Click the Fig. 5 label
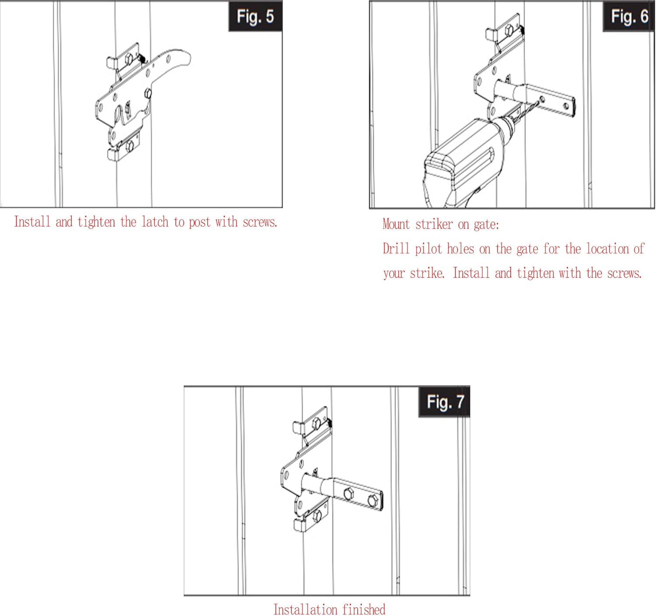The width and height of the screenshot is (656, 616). pos(255,17)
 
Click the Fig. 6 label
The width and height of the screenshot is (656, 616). pos(629,17)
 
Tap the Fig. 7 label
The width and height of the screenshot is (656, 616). pos(445,402)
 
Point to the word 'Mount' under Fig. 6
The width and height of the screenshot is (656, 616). pos(396,224)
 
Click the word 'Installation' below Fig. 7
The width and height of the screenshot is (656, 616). pos(305,609)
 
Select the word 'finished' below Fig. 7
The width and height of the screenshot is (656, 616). pos(364,609)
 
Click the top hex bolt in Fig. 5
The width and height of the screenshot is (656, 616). pos(129,59)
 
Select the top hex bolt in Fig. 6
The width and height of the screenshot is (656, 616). pos(509,30)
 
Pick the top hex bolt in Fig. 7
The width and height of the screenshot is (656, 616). pos(316,423)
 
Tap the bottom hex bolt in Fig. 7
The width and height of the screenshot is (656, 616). pos(317,517)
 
